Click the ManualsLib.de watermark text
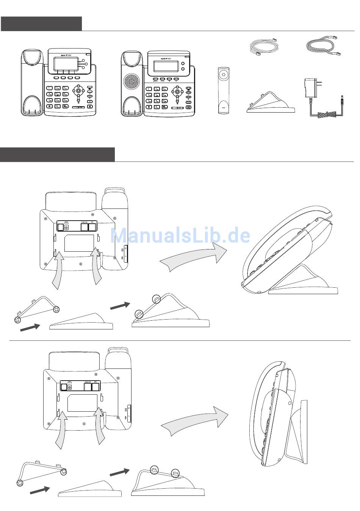pyautogui.click(x=180, y=236)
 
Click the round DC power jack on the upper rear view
pyautogui.click(x=67, y=227)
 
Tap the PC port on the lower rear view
pyautogui.click(x=96, y=387)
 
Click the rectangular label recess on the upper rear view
pyautogui.click(x=79, y=243)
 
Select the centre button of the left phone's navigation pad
pyautogui.click(x=79, y=91)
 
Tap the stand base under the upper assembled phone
pyautogui.click(x=303, y=290)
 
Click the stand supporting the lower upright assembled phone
pyautogui.click(x=299, y=436)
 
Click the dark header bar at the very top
pyautogui.click(x=41, y=24)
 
